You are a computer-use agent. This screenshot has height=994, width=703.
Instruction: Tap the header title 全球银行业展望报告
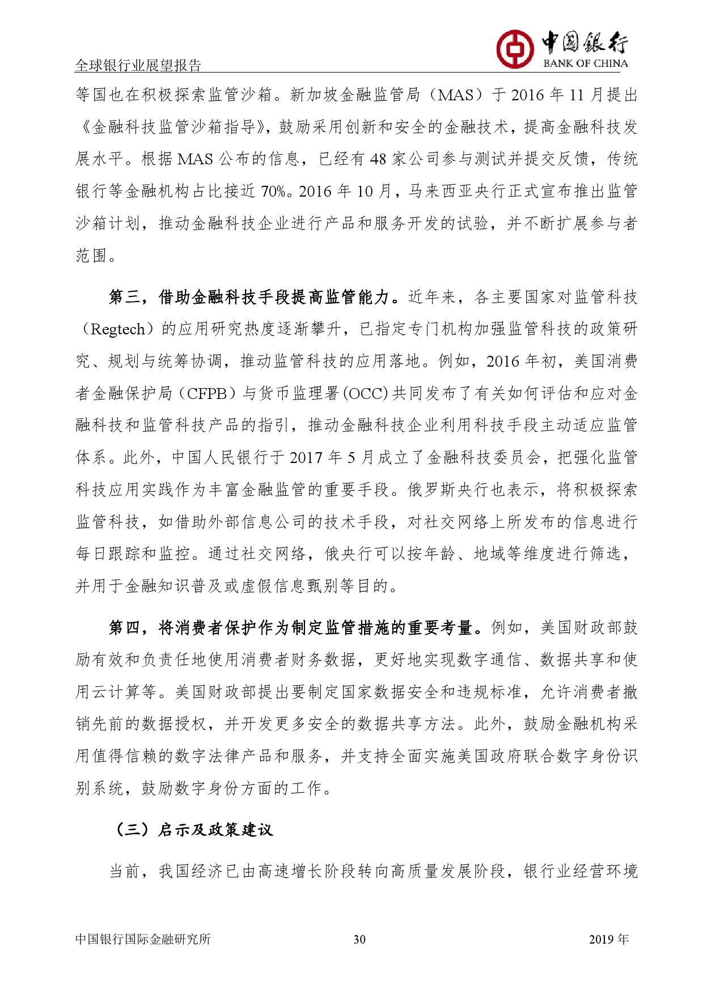[138, 66]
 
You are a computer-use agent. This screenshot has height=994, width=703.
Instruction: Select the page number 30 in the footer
[359, 939]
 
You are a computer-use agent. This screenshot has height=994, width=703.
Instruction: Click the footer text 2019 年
[609, 939]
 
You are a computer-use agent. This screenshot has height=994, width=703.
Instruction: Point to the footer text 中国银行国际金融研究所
[143, 939]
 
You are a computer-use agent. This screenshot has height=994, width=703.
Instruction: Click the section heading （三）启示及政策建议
[192, 830]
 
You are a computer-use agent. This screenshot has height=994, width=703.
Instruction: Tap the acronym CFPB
[204, 394]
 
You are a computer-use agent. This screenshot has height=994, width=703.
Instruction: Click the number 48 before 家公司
[377, 159]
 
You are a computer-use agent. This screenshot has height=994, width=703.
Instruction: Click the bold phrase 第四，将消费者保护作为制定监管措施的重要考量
[291, 628]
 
